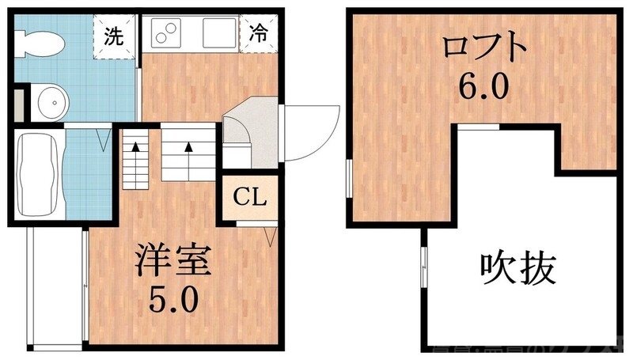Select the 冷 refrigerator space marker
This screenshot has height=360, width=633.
257,33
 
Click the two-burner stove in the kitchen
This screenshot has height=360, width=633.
167,32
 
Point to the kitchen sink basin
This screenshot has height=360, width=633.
218,32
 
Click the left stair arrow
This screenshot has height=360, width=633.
136,148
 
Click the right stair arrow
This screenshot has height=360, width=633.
189,148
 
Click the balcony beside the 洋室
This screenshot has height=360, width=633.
55,289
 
